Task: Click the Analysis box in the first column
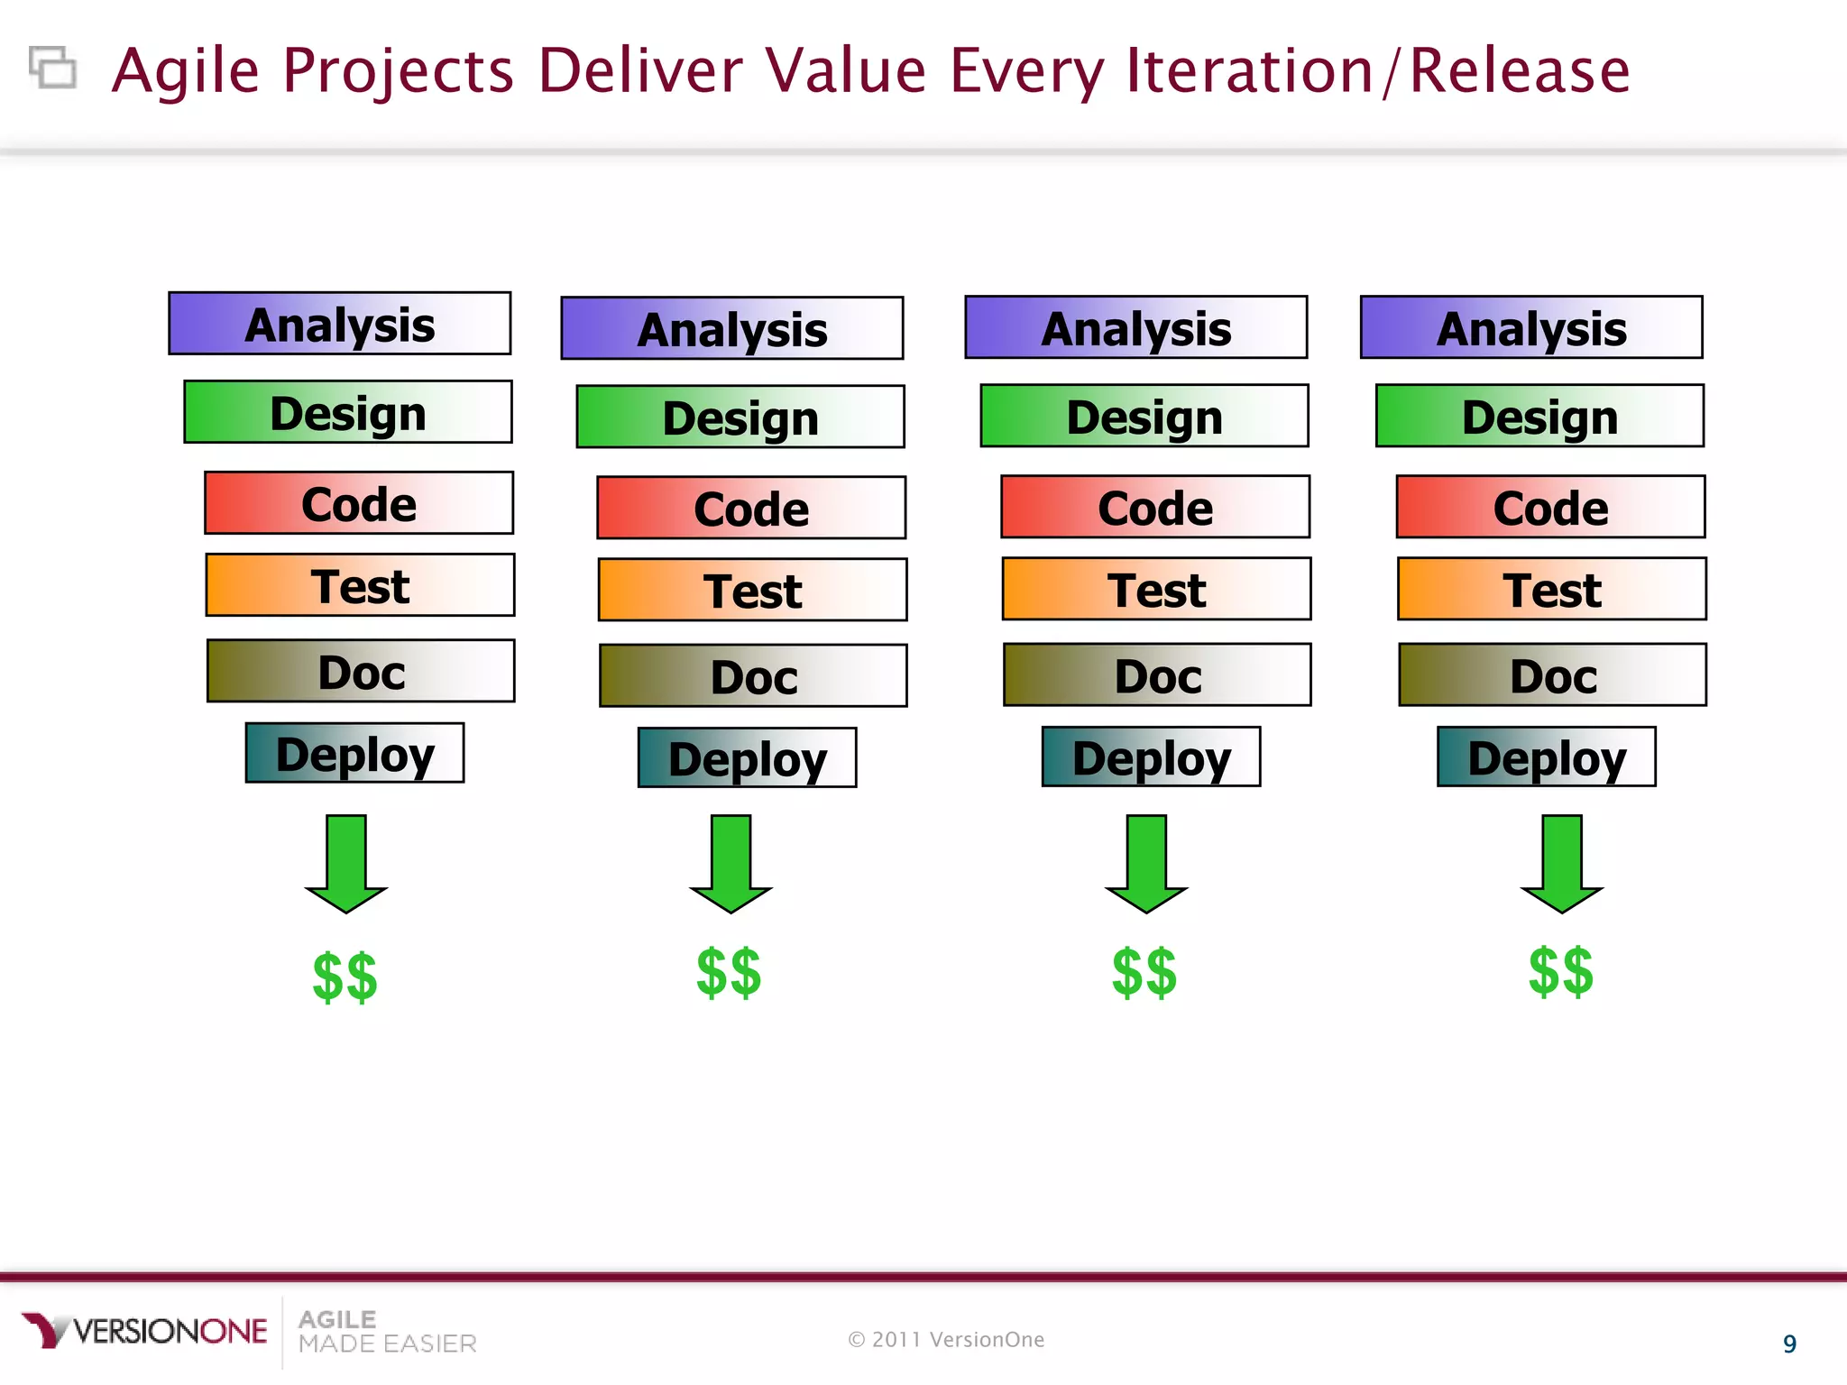click(x=339, y=324)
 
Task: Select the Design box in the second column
click(x=740, y=417)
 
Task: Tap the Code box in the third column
click(x=1155, y=507)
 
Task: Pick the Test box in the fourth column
click(x=1551, y=589)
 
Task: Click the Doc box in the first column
click(x=361, y=671)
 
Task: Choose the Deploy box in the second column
click(x=747, y=757)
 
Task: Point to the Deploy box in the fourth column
click(x=1546, y=757)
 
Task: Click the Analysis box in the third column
click(x=1135, y=327)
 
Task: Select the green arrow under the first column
click(x=346, y=864)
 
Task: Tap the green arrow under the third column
click(x=1146, y=864)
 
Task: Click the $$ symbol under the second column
click(x=729, y=973)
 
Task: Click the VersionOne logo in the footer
click(x=144, y=1331)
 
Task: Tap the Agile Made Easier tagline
click(x=386, y=1332)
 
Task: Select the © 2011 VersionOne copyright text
click(x=946, y=1340)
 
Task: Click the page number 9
click(x=1789, y=1344)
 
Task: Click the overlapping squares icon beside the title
click(x=52, y=68)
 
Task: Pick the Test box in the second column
click(x=752, y=590)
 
